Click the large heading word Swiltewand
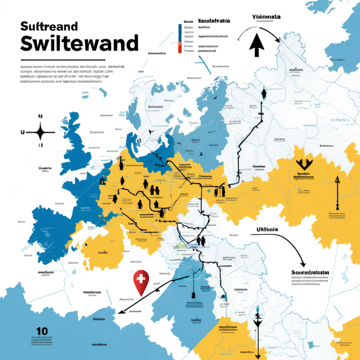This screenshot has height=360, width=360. point(79,43)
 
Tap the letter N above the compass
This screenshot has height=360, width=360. point(40,116)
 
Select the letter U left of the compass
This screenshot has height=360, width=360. point(22,133)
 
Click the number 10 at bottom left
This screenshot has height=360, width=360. point(42,331)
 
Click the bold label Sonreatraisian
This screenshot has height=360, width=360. point(310,272)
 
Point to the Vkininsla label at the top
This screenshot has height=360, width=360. point(266,17)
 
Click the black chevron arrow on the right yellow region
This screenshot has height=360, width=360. point(304,164)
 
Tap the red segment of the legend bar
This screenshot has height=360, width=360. point(180,47)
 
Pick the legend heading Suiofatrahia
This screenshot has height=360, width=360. point(214,21)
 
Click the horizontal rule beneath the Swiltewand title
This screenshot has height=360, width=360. point(63,60)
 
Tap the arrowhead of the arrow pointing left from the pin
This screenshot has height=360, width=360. point(120,311)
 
